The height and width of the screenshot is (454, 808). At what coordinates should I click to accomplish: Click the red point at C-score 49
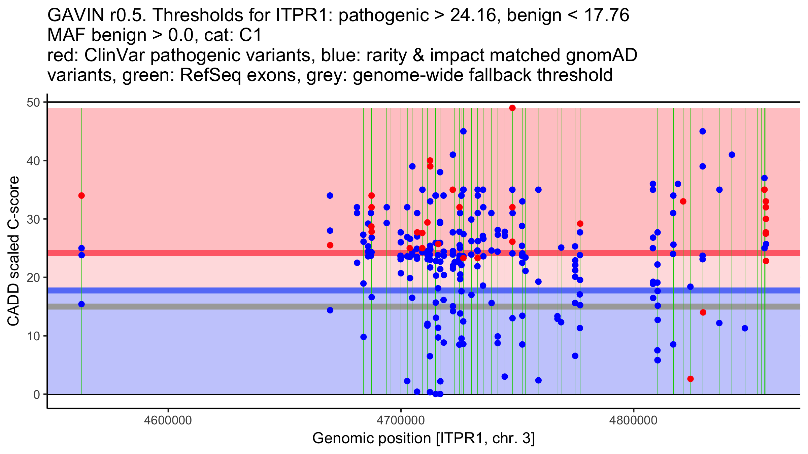(x=512, y=108)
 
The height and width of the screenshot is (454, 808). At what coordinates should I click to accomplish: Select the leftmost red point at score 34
(x=81, y=196)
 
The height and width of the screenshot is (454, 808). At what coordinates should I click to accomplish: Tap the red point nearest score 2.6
(x=691, y=379)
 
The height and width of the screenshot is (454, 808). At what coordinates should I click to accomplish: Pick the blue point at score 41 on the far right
(x=732, y=155)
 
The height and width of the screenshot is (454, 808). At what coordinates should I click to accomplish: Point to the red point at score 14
(x=703, y=312)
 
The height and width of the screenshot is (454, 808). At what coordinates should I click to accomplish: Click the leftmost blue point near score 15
(x=81, y=304)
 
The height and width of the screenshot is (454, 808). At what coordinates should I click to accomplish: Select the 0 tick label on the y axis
(x=36, y=394)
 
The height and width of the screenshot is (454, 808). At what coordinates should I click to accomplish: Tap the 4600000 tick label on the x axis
(x=168, y=420)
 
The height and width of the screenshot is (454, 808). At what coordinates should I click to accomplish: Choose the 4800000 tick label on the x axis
(x=634, y=420)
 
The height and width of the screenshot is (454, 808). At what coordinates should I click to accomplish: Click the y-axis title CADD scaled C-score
(x=13, y=252)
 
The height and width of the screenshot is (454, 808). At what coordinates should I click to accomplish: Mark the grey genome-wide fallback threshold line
(x=202, y=306)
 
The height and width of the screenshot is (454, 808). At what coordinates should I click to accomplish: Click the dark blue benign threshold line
(x=202, y=290)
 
